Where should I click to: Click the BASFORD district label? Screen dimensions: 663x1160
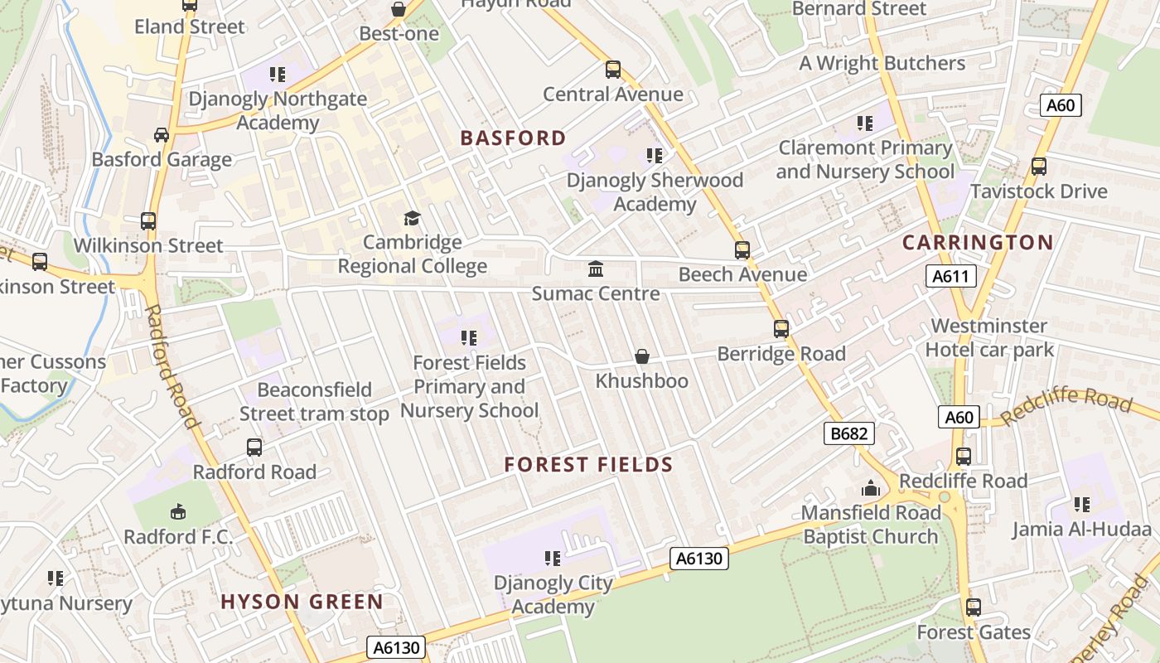(x=513, y=138)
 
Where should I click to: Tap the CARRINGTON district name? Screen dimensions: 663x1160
(x=977, y=243)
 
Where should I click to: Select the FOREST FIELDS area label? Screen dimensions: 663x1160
(x=588, y=465)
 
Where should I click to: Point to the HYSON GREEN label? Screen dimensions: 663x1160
(x=302, y=603)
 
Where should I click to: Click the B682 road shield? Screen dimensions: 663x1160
(x=849, y=433)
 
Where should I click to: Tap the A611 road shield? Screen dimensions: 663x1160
(x=950, y=277)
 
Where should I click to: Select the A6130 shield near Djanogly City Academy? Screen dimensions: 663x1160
(x=698, y=559)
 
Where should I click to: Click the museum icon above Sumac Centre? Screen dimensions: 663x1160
(x=595, y=269)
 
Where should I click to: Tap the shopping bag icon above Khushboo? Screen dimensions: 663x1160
(x=641, y=356)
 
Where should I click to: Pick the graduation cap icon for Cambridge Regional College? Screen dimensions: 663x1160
(x=412, y=218)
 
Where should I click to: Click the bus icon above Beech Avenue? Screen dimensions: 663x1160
(x=742, y=249)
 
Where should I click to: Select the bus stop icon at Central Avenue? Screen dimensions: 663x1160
(x=612, y=70)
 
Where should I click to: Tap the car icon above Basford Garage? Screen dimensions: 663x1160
(x=162, y=135)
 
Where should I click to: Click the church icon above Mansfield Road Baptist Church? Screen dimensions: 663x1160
(x=870, y=489)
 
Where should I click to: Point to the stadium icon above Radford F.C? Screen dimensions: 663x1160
(x=178, y=511)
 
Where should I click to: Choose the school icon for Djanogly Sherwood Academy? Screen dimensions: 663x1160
(x=654, y=156)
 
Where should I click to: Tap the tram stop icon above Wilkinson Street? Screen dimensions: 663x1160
(x=148, y=221)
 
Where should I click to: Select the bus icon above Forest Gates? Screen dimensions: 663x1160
(x=974, y=607)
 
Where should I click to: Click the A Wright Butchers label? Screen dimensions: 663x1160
(x=882, y=63)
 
